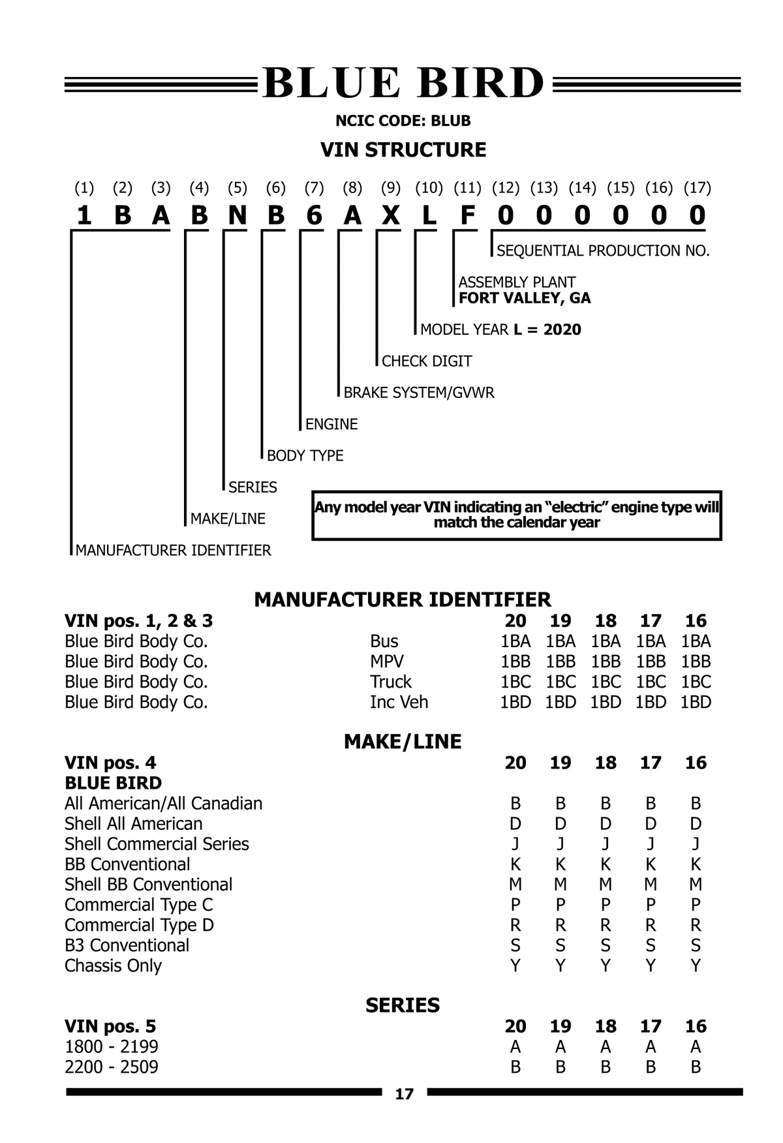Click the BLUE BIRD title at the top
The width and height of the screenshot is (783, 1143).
403,84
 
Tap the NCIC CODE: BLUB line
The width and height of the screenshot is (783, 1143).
403,121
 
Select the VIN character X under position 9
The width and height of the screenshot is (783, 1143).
390,215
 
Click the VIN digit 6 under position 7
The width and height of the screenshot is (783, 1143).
314,215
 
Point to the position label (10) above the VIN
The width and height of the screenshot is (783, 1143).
429,188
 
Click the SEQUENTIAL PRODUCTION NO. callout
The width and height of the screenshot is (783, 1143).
602,251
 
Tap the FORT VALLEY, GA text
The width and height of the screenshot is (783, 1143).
525,298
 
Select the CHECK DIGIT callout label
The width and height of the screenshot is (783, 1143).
427,361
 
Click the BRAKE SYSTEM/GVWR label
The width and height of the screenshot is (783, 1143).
419,392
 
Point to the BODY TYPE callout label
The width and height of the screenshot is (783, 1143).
305,455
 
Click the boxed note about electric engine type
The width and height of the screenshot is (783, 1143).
517,515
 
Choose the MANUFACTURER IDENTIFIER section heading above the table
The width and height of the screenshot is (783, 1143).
403,599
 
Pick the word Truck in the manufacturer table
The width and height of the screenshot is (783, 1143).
391,682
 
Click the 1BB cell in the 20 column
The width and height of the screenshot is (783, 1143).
515,662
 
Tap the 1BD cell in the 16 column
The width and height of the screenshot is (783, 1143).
696,702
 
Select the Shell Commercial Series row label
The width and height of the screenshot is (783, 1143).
157,844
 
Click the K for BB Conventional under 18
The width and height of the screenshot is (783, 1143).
606,864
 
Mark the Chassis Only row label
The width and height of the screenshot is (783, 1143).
113,966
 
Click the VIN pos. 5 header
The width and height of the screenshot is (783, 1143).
110,1026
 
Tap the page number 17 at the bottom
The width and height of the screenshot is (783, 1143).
404,1093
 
